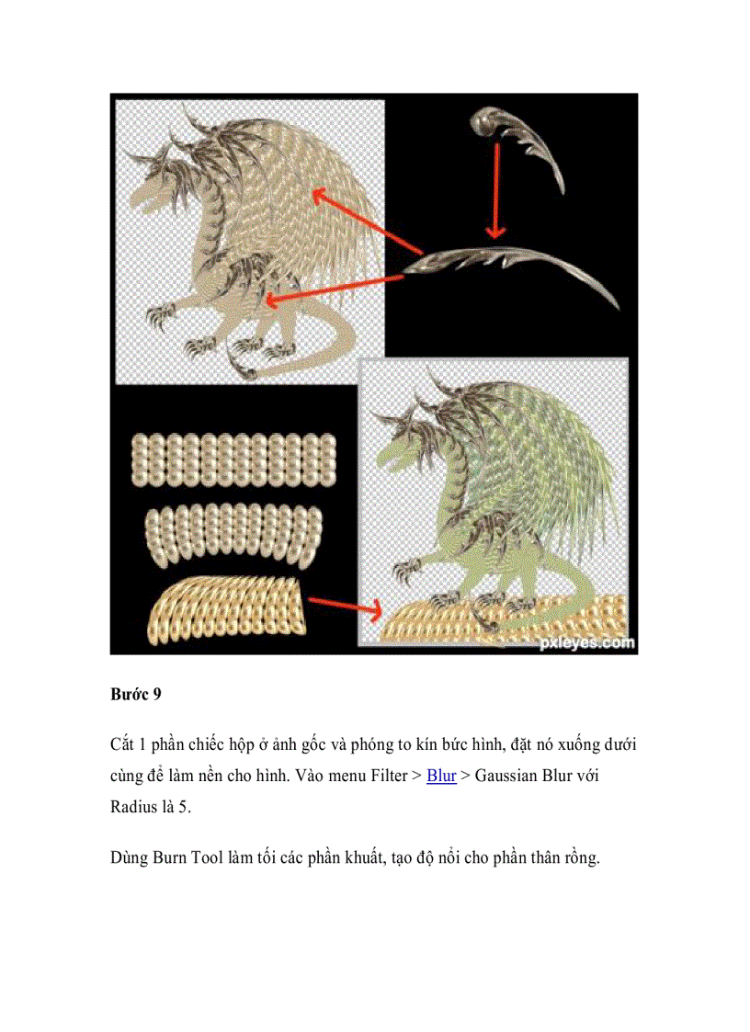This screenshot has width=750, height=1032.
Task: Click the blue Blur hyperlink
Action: [x=441, y=777]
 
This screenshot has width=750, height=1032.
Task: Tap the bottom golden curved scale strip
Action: [x=226, y=607]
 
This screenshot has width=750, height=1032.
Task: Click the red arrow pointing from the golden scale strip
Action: [x=344, y=605]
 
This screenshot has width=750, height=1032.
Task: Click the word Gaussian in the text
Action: [x=510, y=777]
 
